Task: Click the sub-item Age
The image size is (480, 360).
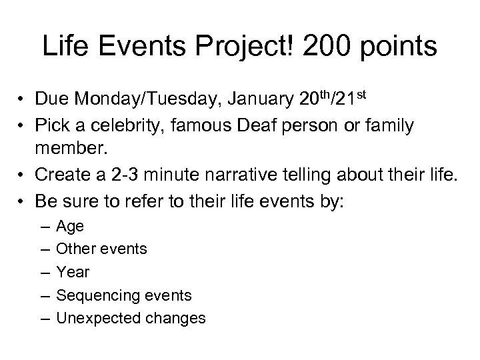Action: (70, 226)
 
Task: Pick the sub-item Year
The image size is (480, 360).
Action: (73, 272)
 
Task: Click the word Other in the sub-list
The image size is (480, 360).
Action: (74, 249)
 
